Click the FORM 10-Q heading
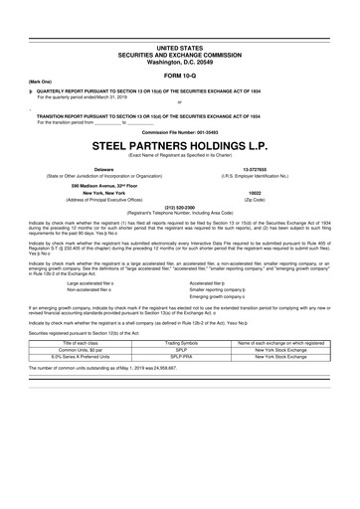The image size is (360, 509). tap(179, 75)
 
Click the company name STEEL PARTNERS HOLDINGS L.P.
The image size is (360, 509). tap(179, 143)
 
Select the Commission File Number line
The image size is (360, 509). tap(179, 130)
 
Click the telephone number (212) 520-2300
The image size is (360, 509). tap(179, 208)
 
